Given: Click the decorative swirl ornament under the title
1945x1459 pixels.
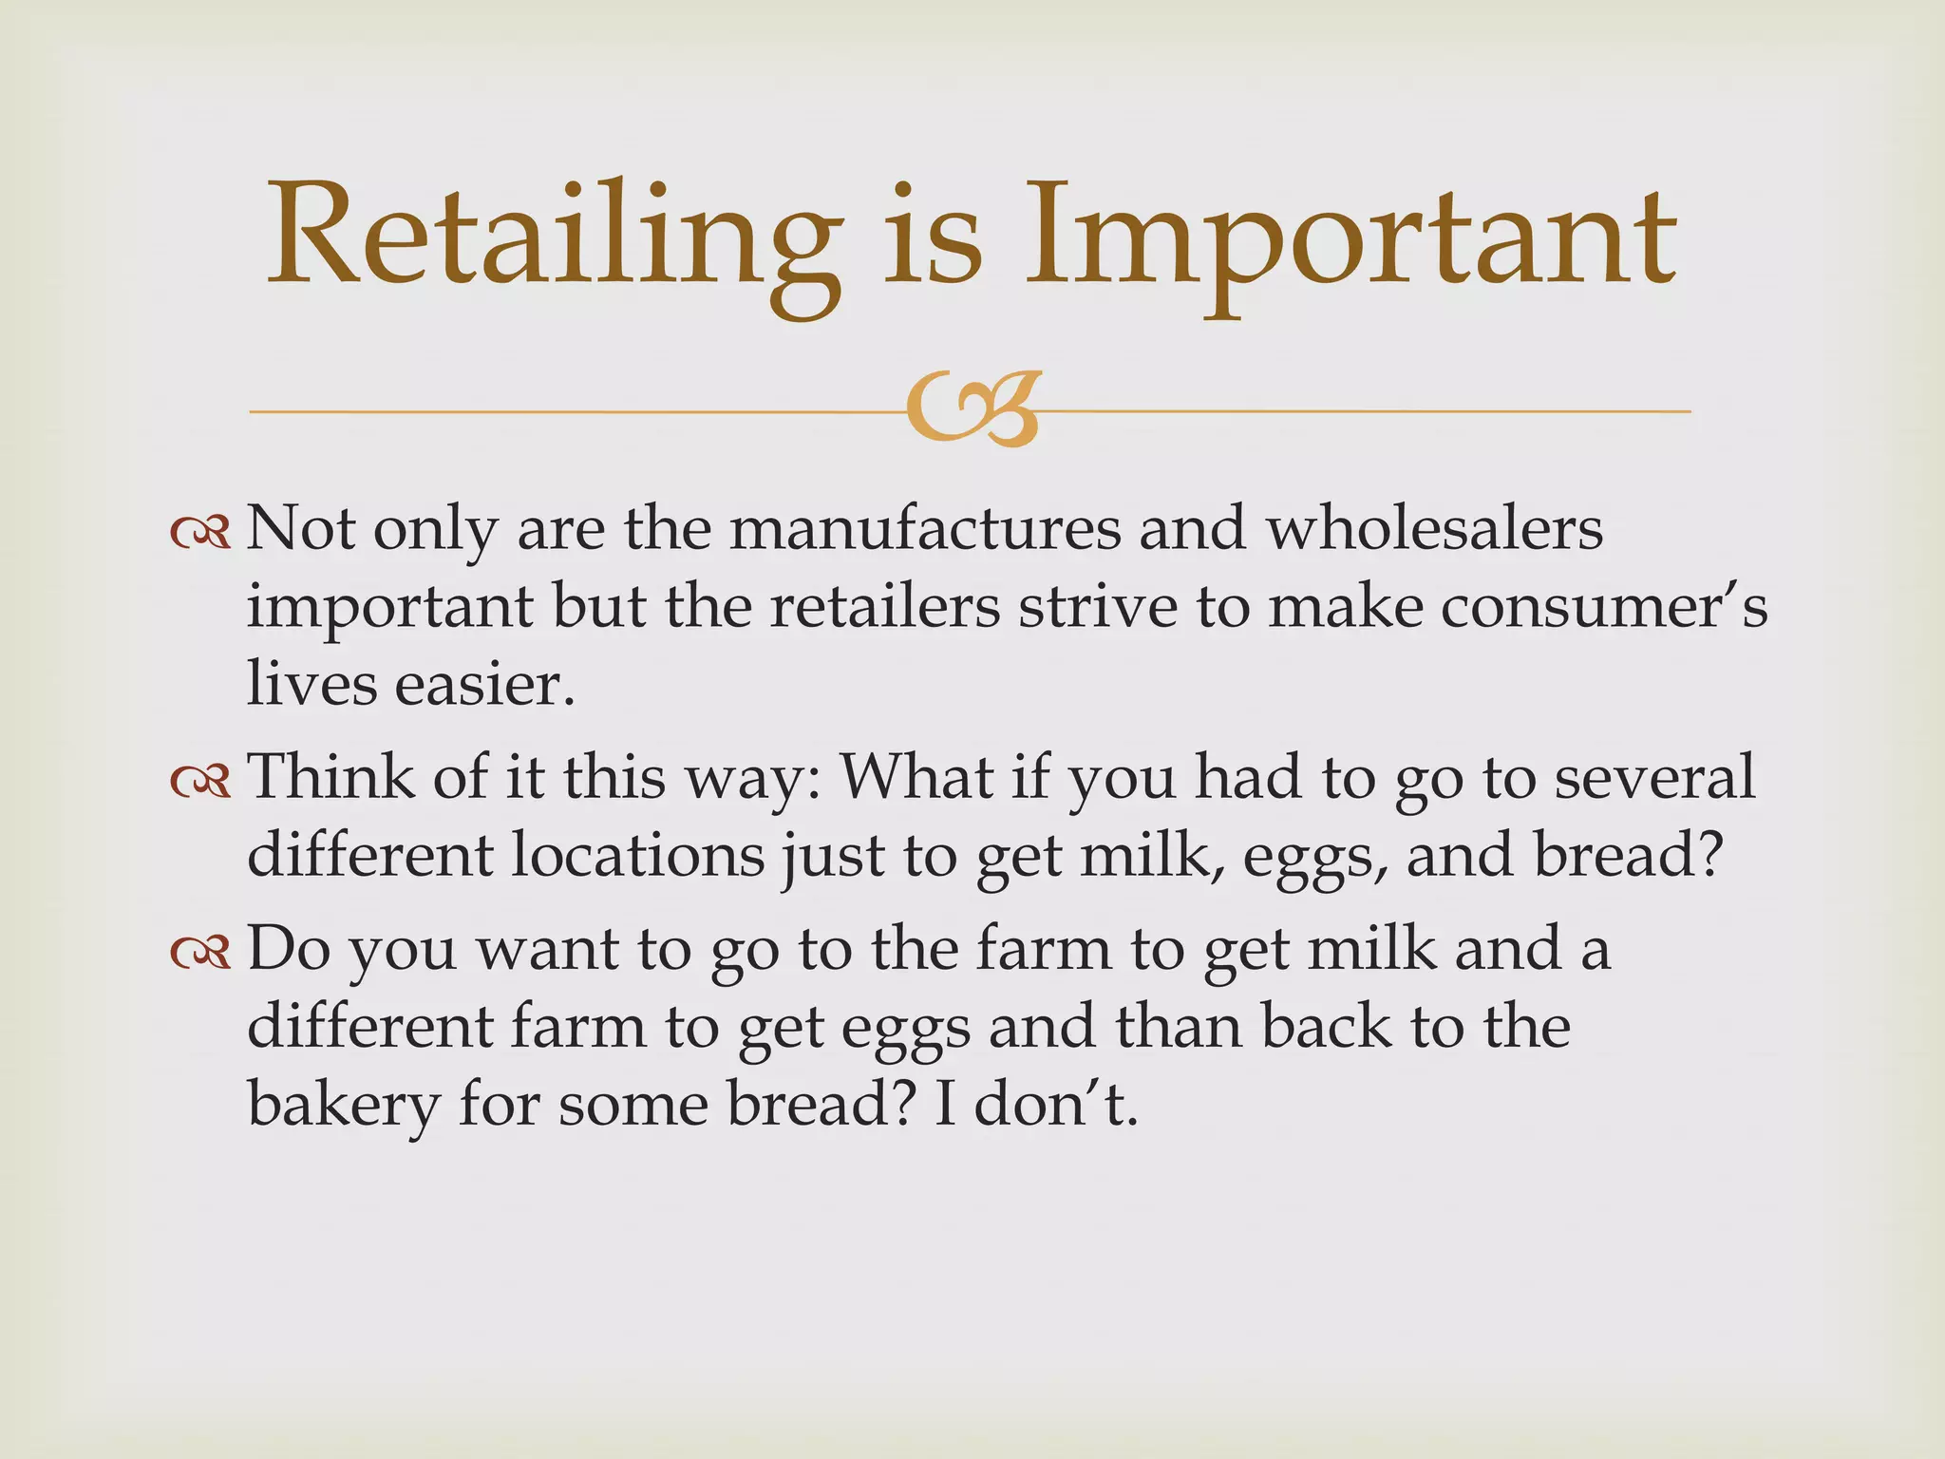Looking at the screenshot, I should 972,411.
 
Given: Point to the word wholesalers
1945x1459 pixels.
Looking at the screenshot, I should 1435,529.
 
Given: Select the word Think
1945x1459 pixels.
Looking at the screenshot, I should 331,777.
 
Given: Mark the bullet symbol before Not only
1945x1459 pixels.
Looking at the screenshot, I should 200,534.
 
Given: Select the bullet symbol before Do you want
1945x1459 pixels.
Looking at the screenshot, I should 200,954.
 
